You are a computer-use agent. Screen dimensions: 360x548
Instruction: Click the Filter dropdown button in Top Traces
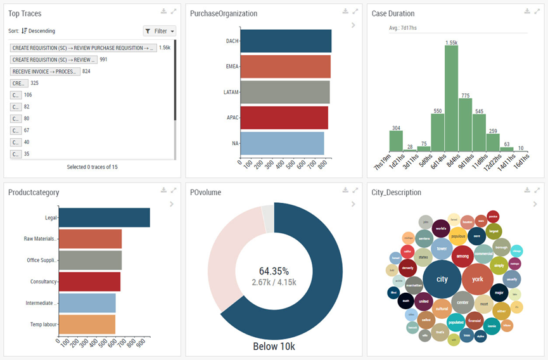(159, 31)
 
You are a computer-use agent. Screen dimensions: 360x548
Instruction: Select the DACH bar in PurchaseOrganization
(286, 41)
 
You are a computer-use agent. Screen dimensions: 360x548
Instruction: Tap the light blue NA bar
(283, 143)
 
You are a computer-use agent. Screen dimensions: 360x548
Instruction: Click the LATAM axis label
(231, 92)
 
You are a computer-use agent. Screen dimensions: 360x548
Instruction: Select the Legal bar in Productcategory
(105, 217)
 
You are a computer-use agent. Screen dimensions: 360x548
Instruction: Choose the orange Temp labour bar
(87, 324)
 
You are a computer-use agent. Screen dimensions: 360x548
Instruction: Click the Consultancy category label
(44, 281)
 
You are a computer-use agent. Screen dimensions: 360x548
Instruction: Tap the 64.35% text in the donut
(274, 271)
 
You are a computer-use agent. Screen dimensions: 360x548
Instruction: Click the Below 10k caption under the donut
(274, 347)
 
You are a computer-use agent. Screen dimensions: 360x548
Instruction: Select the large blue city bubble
(442, 279)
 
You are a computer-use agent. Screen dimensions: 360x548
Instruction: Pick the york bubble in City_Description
(477, 279)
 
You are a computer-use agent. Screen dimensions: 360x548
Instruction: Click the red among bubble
(462, 256)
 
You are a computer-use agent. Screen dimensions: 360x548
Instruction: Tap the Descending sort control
(38, 31)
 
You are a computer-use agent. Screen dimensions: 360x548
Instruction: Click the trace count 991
(103, 60)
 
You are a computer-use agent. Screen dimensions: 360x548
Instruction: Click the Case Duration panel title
(393, 13)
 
